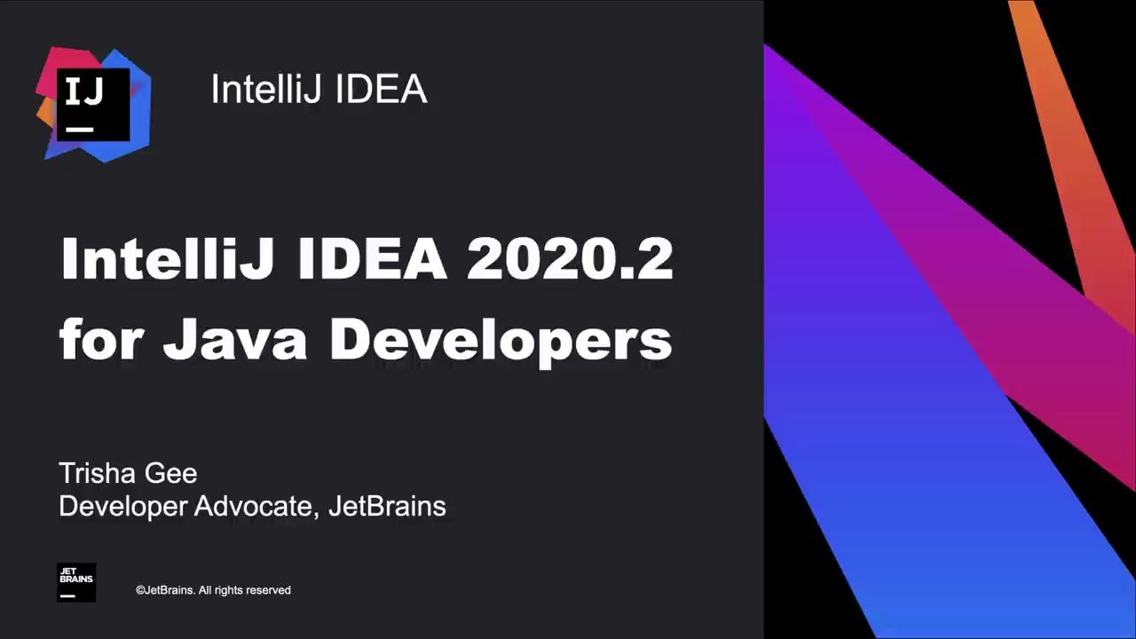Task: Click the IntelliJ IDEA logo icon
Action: [x=93, y=104]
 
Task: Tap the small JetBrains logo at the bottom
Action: [x=76, y=582]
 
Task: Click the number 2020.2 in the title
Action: [x=569, y=259]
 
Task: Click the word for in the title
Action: [x=99, y=340]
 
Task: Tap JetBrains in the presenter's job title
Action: [x=387, y=506]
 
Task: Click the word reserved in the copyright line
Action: [x=268, y=590]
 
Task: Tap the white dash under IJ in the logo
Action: [x=80, y=130]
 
